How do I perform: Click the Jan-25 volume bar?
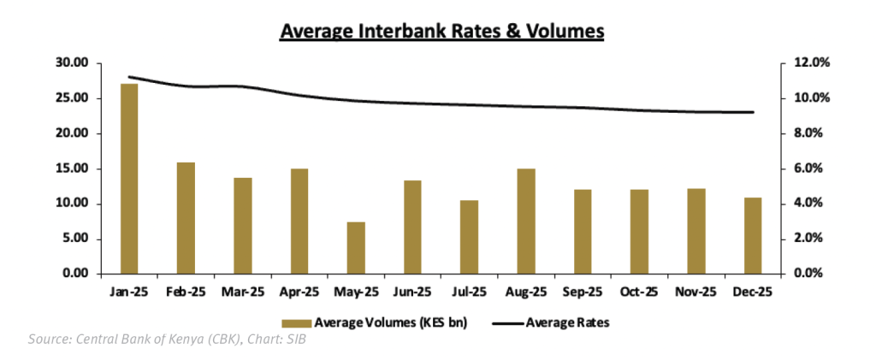129,179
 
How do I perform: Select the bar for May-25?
356,248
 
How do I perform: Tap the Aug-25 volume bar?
526,221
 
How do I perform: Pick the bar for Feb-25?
186,218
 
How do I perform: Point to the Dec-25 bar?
753,236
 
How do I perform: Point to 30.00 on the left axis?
71,63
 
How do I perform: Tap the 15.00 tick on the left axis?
71,168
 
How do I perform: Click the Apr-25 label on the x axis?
299,292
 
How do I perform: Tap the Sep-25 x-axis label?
583,292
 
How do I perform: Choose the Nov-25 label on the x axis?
695,292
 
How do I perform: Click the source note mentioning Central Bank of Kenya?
167,340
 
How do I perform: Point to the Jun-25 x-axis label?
412,292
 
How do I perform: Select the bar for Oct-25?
639,232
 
